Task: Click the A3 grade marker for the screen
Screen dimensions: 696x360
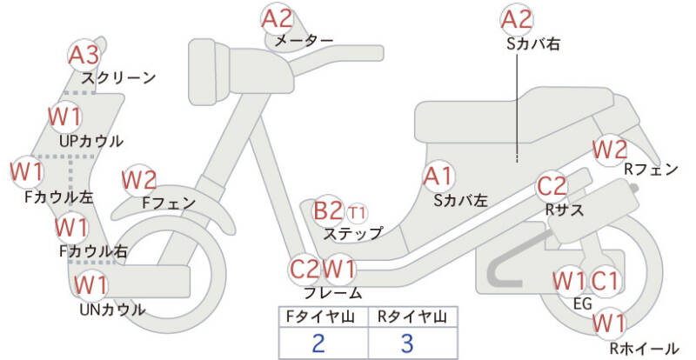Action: click(x=84, y=56)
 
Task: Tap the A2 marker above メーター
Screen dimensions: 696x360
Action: click(x=278, y=18)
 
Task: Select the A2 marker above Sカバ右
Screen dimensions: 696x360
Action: click(x=517, y=19)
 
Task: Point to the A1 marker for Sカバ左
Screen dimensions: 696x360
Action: click(x=438, y=177)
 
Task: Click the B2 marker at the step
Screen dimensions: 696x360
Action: click(x=329, y=211)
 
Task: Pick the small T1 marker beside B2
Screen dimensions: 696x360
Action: click(x=358, y=214)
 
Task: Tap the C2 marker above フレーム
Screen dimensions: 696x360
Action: click(x=304, y=269)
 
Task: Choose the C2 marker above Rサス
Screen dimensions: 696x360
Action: click(x=552, y=186)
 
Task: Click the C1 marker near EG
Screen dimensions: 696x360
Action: click(x=604, y=281)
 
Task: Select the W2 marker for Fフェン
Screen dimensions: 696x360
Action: click(x=139, y=181)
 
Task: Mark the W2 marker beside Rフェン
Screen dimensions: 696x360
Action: click(x=611, y=150)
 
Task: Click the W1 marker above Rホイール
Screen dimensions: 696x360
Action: click(x=609, y=323)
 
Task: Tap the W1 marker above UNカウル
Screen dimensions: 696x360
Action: click(x=90, y=285)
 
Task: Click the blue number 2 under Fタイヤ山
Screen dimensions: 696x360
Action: click(x=318, y=343)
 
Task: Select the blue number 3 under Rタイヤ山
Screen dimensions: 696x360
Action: click(x=407, y=343)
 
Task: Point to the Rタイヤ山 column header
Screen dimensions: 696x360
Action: click(x=412, y=317)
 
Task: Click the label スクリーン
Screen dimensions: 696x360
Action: click(x=119, y=78)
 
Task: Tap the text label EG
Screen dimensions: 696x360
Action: click(x=583, y=303)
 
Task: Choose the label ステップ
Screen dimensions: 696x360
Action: click(x=353, y=234)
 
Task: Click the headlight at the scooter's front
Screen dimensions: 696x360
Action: click(x=209, y=72)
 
